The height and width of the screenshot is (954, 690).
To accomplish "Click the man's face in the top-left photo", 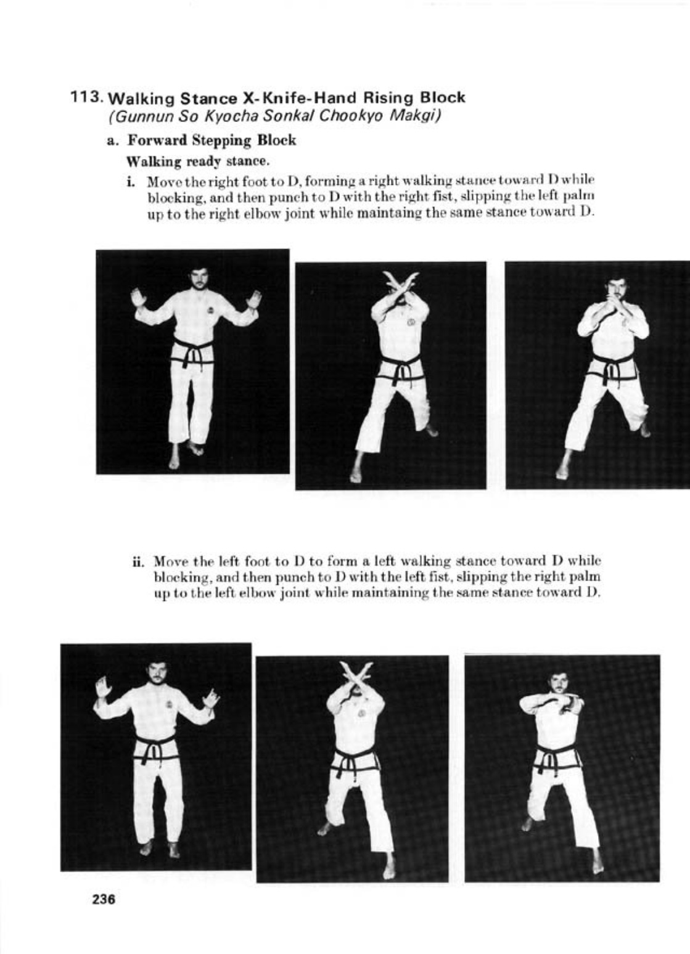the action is tap(199, 277).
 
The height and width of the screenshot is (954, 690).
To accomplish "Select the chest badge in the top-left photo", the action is tap(210, 310).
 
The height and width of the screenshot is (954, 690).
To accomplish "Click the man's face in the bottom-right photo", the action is tap(559, 683).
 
